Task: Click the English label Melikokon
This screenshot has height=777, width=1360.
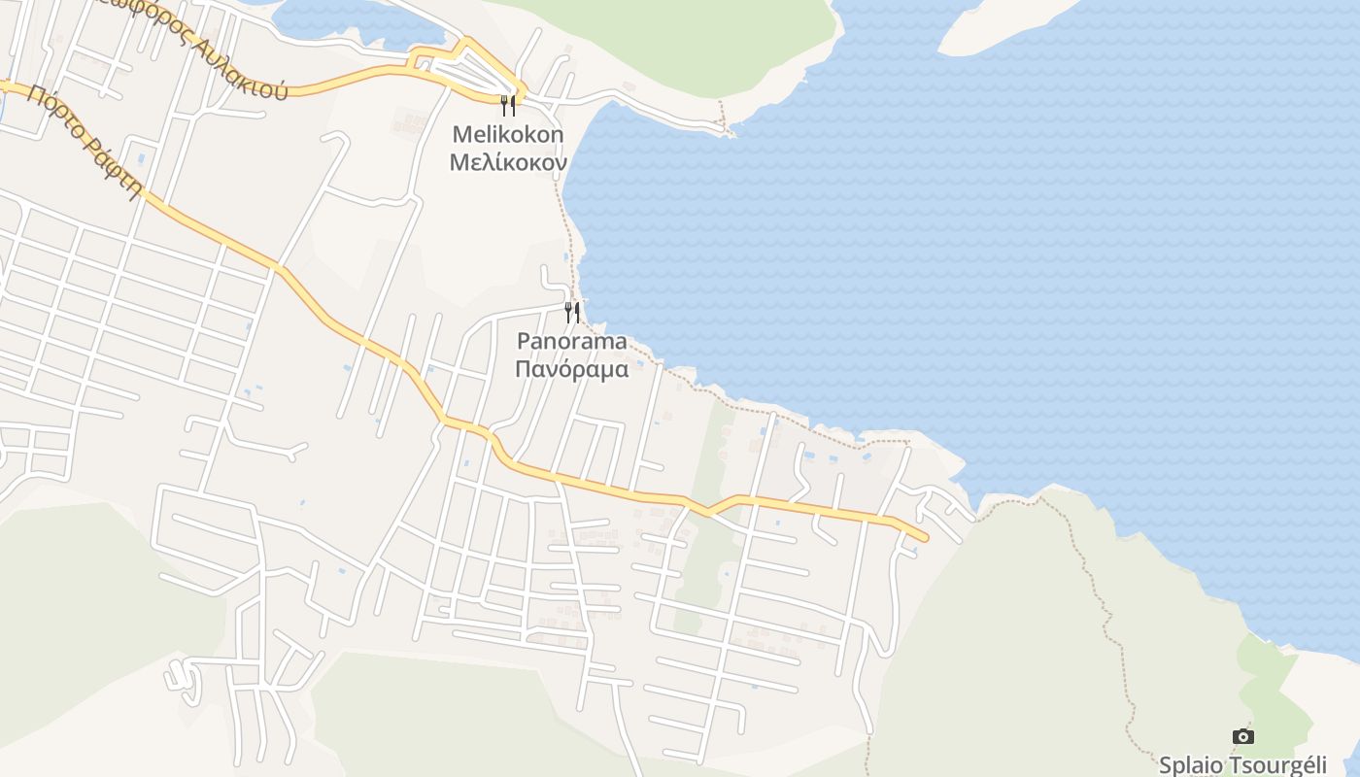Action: click(x=507, y=134)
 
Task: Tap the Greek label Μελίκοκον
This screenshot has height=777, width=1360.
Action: click(x=507, y=162)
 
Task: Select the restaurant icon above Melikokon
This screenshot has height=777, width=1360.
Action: click(x=507, y=105)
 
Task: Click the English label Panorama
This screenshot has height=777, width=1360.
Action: click(x=571, y=341)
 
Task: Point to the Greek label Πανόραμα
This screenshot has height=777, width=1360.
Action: click(x=571, y=369)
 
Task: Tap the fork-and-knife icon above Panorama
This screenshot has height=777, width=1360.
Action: click(x=572, y=312)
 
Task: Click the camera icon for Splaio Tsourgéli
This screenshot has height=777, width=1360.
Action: click(x=1242, y=736)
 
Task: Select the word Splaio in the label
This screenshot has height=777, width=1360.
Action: click(x=1190, y=764)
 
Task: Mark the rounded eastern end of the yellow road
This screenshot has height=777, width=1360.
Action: click(x=922, y=536)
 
